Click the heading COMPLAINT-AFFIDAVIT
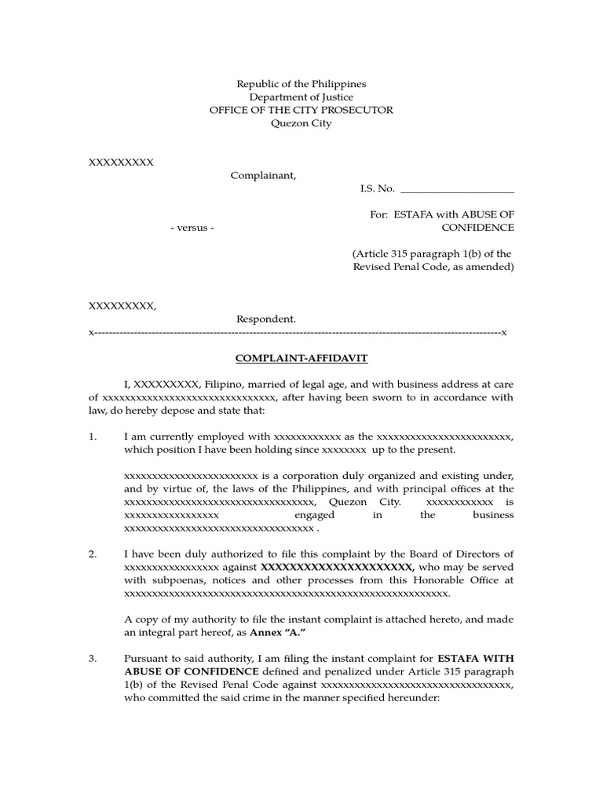(x=302, y=358)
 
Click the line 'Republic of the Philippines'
(x=301, y=83)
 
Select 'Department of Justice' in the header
(x=301, y=97)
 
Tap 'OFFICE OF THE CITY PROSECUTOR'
(x=301, y=110)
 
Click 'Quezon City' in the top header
(x=301, y=123)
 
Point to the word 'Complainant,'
(x=264, y=175)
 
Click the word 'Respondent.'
(x=267, y=319)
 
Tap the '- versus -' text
(x=192, y=228)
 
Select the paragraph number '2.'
(x=93, y=554)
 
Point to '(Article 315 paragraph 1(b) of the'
(x=433, y=254)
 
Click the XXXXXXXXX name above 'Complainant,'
(x=121, y=162)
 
